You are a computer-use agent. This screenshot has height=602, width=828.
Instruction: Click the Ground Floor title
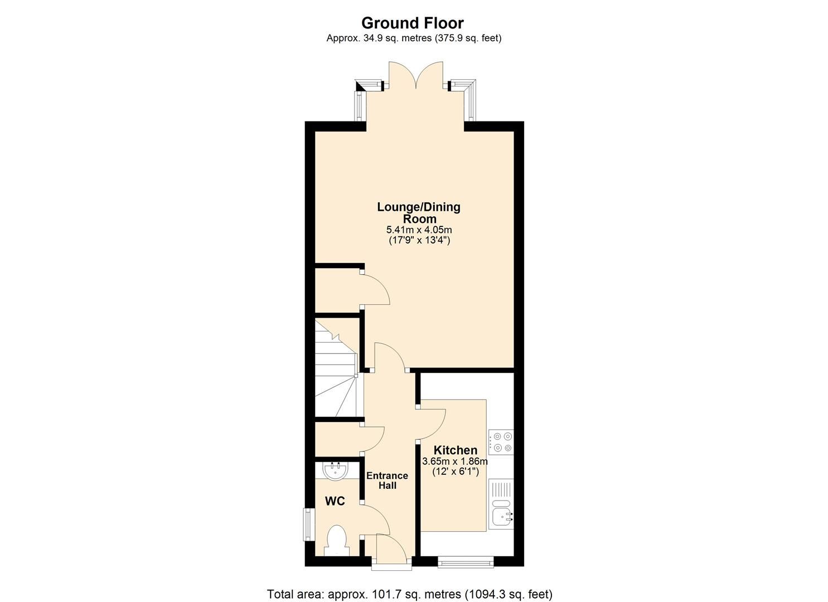click(412, 23)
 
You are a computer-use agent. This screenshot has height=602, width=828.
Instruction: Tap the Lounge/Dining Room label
click(419, 213)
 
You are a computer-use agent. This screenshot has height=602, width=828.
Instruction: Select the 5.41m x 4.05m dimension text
click(419, 230)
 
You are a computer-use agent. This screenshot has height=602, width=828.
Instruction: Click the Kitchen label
click(455, 450)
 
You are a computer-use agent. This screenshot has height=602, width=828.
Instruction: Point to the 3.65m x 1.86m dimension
click(455, 462)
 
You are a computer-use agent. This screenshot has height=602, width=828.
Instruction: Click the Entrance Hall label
click(387, 480)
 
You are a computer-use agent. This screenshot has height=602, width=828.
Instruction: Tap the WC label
click(335, 501)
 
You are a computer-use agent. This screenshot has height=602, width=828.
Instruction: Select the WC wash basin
click(336, 471)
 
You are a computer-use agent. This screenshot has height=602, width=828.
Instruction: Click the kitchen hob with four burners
click(501, 442)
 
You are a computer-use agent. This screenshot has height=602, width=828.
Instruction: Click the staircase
click(336, 368)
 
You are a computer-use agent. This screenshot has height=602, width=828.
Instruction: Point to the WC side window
click(307, 524)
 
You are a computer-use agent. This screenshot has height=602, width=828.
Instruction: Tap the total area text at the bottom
click(410, 594)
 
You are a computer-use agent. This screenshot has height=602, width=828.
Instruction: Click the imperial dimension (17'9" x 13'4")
click(419, 241)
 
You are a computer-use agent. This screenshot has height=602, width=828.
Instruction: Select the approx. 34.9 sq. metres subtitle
click(414, 38)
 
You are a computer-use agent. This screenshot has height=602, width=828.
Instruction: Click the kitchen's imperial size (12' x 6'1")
click(455, 472)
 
